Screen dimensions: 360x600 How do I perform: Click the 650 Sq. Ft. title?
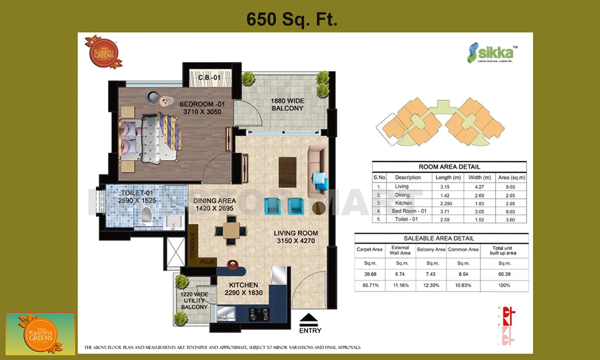(x=292, y=19)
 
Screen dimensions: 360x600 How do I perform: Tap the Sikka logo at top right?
(x=492, y=53)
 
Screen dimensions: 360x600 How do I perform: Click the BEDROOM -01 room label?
(x=202, y=108)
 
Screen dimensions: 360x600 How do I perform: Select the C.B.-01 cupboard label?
(x=209, y=77)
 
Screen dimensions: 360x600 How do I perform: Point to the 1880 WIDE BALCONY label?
(x=287, y=104)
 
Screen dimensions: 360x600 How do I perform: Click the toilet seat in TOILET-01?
(x=146, y=215)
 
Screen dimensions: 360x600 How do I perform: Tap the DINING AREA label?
(x=214, y=204)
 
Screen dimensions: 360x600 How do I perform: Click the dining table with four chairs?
(x=231, y=231)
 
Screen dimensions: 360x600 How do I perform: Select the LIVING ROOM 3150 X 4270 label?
(x=296, y=237)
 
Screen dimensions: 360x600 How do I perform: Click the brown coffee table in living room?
(x=287, y=172)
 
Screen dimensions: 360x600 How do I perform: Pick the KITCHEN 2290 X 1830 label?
(x=243, y=289)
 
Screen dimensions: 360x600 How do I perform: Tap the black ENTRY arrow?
(x=308, y=318)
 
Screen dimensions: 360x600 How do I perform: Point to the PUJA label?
(x=208, y=262)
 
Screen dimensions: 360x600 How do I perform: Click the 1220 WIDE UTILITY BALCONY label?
(x=194, y=300)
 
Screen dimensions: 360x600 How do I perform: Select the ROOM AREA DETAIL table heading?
(x=449, y=167)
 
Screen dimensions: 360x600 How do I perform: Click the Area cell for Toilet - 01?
(x=510, y=220)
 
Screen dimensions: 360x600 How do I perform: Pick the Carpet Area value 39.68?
(x=370, y=274)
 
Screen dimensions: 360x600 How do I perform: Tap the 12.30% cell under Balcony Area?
(x=431, y=285)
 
